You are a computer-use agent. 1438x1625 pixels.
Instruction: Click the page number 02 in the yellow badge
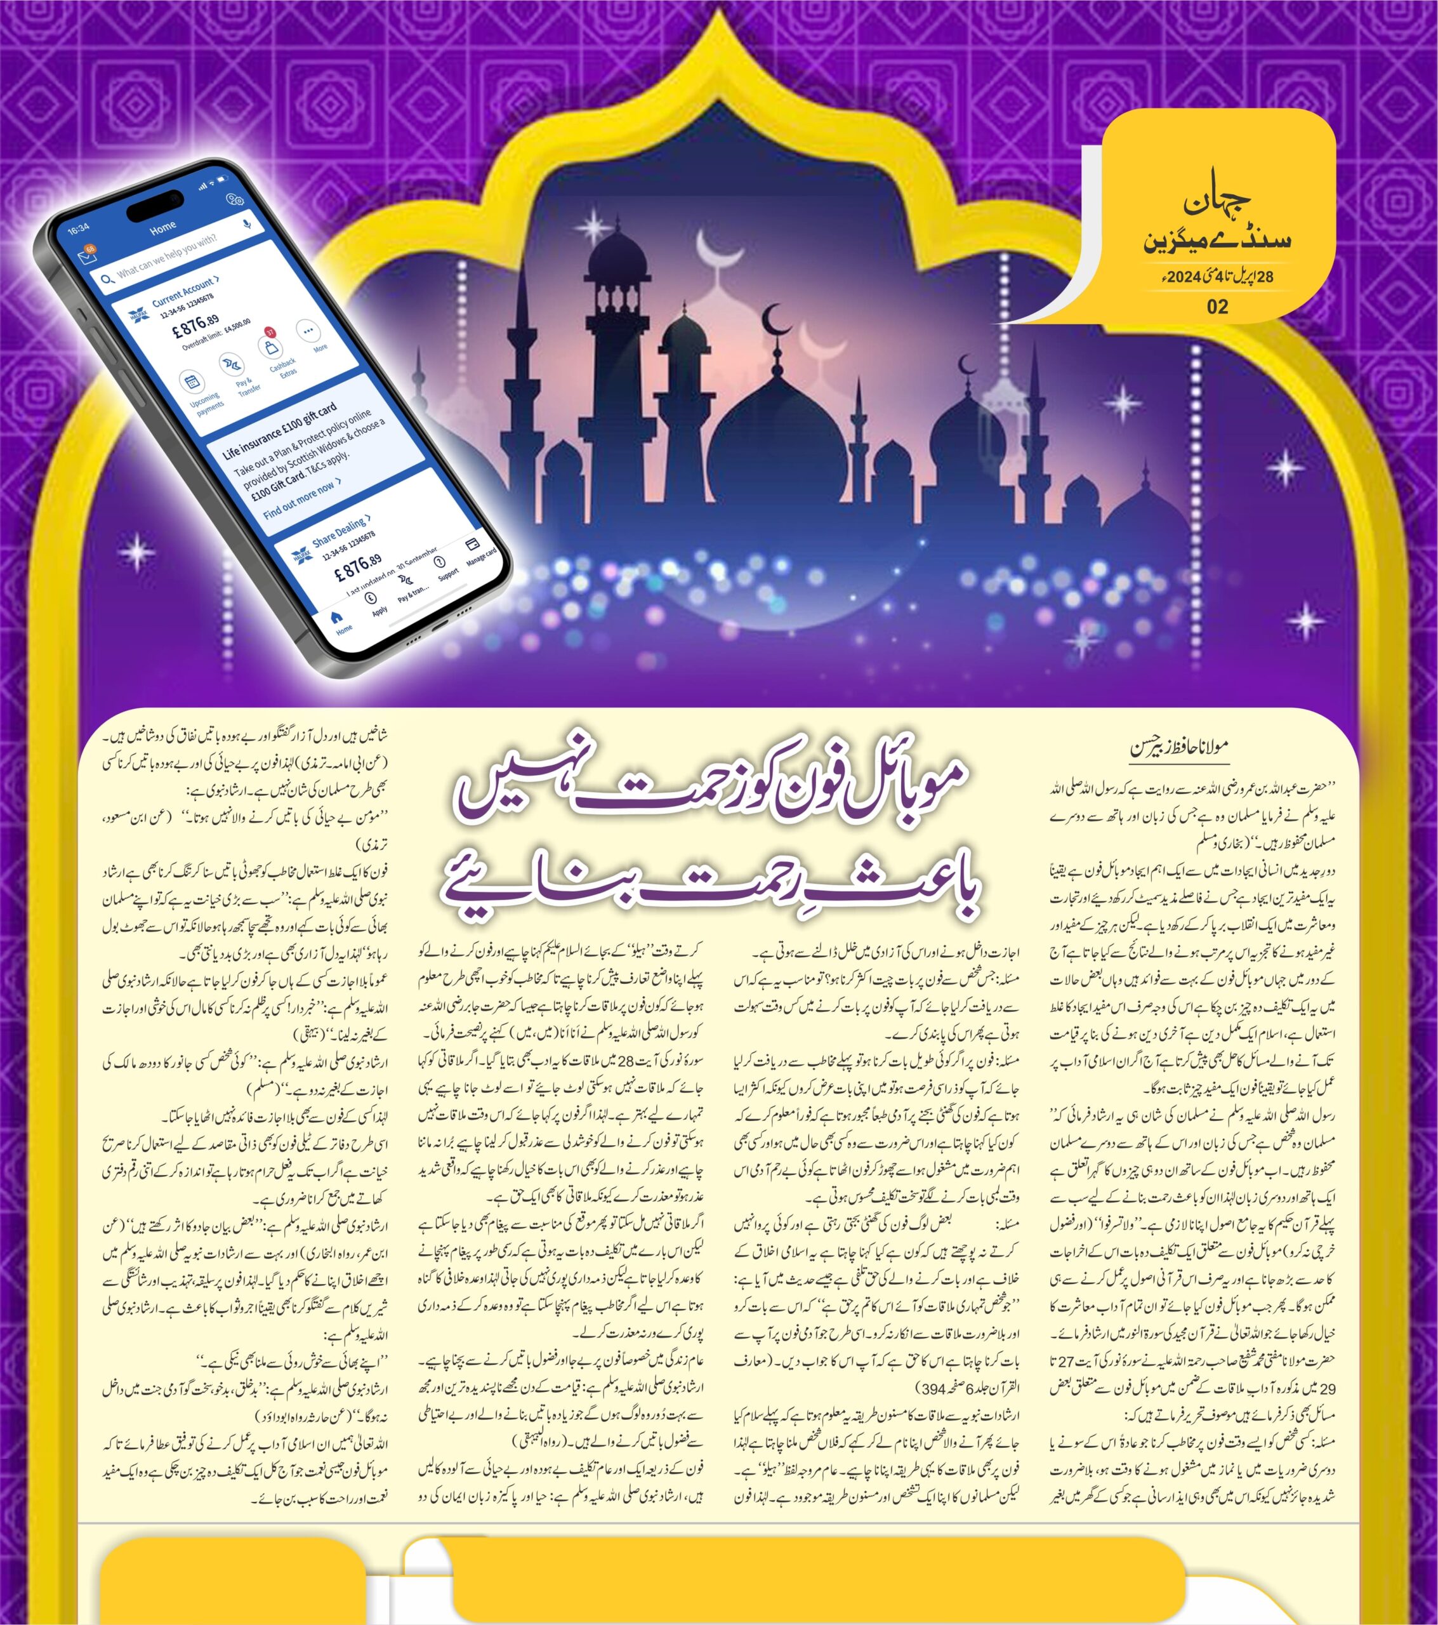pyautogui.click(x=1217, y=307)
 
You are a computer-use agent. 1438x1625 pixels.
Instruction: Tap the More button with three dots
pyautogui.click(x=308, y=331)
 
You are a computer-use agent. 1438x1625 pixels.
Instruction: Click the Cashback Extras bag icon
pyautogui.click(x=270, y=347)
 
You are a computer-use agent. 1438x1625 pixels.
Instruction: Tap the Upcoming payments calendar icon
pyautogui.click(x=192, y=382)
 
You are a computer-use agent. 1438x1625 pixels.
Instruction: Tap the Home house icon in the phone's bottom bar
pyautogui.click(x=337, y=617)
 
